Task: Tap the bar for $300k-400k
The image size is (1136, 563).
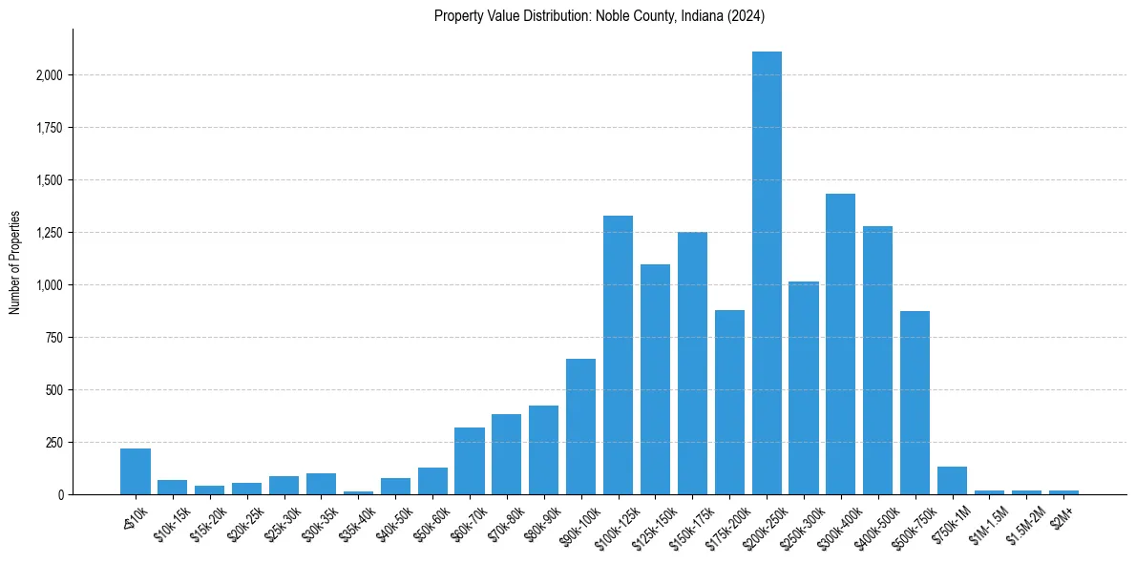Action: [x=841, y=344]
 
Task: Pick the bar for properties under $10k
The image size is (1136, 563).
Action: [x=136, y=471]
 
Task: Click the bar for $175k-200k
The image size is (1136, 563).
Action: [x=729, y=402]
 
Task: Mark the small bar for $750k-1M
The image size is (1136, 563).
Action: [x=952, y=481]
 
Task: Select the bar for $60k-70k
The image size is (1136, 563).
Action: [x=470, y=461]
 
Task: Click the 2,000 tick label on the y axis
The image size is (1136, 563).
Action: [x=50, y=75]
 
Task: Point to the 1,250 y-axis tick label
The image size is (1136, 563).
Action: [x=50, y=233]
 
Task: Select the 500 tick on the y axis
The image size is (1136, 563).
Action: [x=55, y=390]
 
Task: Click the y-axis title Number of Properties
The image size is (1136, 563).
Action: [x=14, y=261]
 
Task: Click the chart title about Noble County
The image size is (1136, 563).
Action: [x=600, y=16]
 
